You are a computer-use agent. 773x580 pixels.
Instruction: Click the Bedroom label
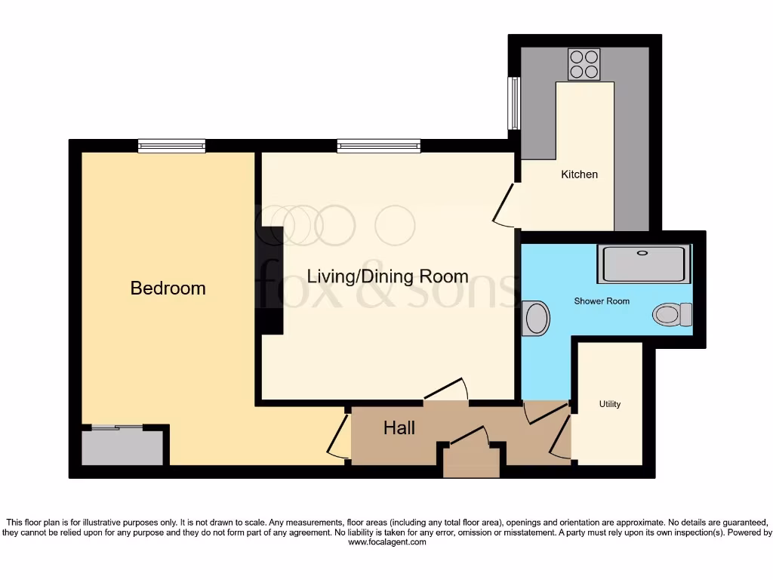[168, 288]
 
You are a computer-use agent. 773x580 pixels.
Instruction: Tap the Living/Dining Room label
[387, 276]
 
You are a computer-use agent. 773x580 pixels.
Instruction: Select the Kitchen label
[579, 174]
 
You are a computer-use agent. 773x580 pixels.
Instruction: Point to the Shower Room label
[602, 301]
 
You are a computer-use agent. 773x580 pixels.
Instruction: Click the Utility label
[610, 404]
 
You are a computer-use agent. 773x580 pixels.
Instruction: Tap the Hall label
[399, 428]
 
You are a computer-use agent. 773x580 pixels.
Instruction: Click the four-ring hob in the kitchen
[584, 64]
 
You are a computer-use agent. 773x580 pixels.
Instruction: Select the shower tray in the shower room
[643, 263]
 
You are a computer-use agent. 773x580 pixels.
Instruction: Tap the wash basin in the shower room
[535, 318]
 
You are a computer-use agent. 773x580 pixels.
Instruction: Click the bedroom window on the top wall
[171, 147]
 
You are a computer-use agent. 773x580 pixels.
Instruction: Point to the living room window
[378, 147]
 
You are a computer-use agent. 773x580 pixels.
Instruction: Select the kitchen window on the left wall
[514, 102]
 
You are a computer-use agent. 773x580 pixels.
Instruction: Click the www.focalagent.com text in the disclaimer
[386, 542]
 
